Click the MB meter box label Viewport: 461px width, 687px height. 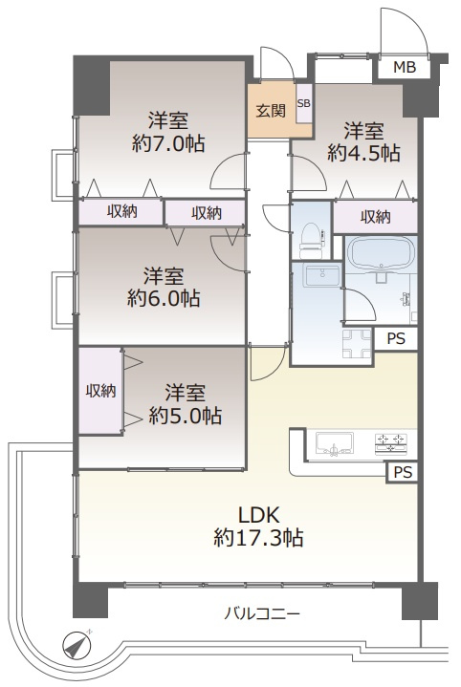pos(404,68)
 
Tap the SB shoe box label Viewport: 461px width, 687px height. pos(303,103)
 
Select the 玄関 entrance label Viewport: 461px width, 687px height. pos(271,111)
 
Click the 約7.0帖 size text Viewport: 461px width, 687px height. pos(168,143)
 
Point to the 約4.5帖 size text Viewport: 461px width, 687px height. pos(363,153)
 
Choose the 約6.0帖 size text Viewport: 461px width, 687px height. pos(164,298)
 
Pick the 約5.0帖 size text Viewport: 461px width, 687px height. pos(186,416)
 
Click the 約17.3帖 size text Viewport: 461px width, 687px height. pos(258,537)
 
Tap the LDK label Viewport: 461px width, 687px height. pos(259,515)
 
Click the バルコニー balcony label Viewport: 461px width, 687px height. pos(262,613)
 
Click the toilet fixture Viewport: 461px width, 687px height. pos(311,240)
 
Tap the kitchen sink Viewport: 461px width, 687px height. pos(334,443)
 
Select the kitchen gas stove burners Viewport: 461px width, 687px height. pos(390,442)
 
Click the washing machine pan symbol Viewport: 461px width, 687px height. pos(356,344)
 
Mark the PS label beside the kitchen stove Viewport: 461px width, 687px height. pos(403,472)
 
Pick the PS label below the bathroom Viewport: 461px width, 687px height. pos(396,338)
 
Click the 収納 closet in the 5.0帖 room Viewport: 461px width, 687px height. pos(100,391)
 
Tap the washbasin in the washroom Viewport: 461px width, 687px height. pos(323,276)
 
